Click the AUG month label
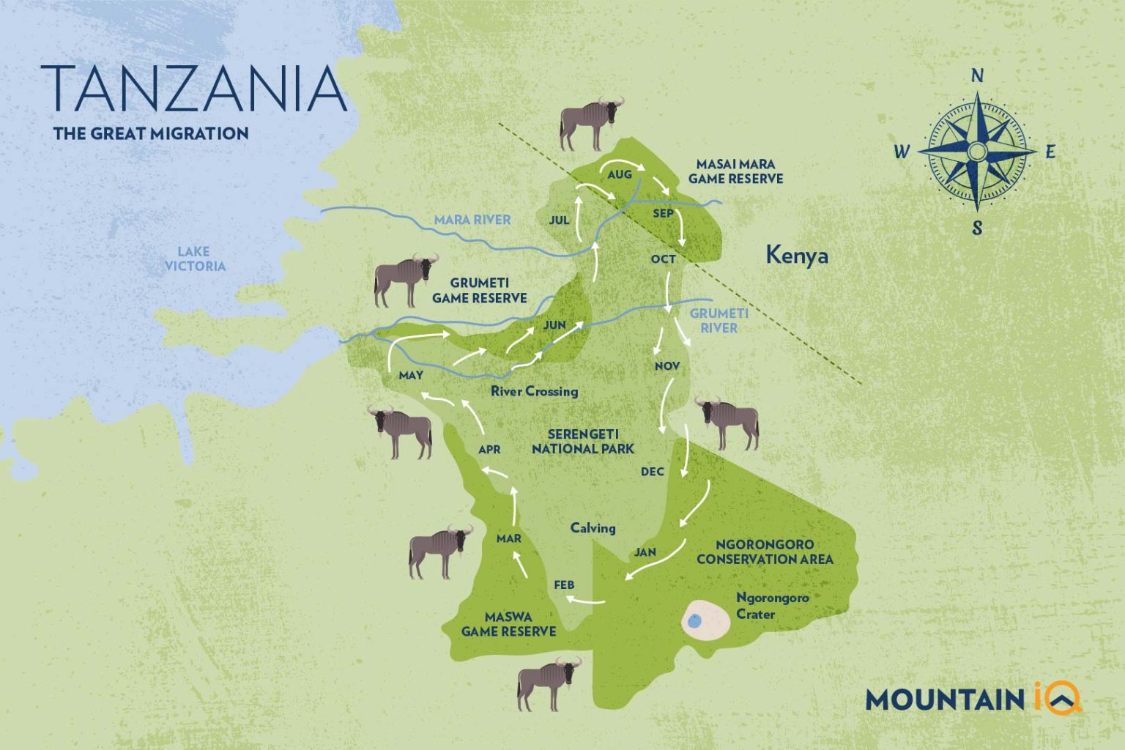pyautogui.click(x=619, y=175)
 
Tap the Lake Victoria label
pyautogui.click(x=194, y=259)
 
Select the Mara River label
pyautogui.click(x=472, y=220)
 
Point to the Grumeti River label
pyautogui.click(x=719, y=321)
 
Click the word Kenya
pyautogui.click(x=797, y=256)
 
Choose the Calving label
pyautogui.click(x=593, y=528)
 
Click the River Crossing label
pyautogui.click(x=534, y=392)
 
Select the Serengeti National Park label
pyautogui.click(x=582, y=442)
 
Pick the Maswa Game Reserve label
pyautogui.click(x=508, y=624)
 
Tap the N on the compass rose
pyautogui.click(x=976, y=76)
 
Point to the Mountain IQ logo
pyautogui.click(x=973, y=698)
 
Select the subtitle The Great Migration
pyautogui.click(x=151, y=134)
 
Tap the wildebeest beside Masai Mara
pyautogui.click(x=590, y=122)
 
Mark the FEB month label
pyautogui.click(x=564, y=585)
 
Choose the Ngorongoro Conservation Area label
pyautogui.click(x=765, y=552)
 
